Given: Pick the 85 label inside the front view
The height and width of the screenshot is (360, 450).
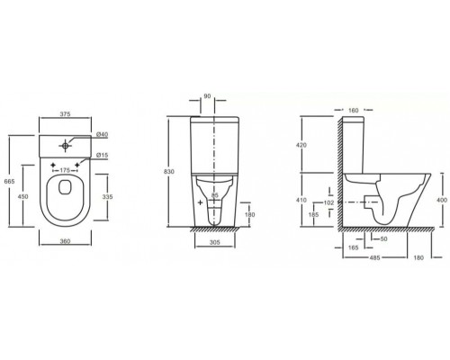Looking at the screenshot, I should pyautogui.click(x=214, y=195).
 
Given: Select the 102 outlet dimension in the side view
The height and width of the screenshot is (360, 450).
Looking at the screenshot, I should pyautogui.click(x=329, y=202).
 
